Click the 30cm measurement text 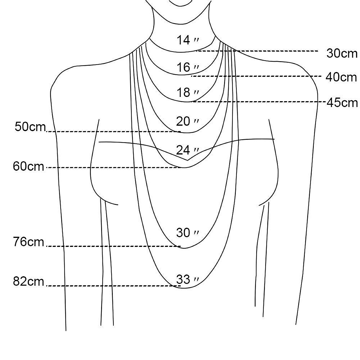point(342,53)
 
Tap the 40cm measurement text point(341,77)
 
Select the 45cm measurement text point(342,103)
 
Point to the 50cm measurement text point(30,127)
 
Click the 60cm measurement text point(28,166)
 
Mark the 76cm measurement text point(28,242)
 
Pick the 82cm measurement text point(28,281)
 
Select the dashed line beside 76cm point(114,246)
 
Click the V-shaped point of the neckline point(188,160)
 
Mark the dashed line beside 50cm point(114,132)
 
